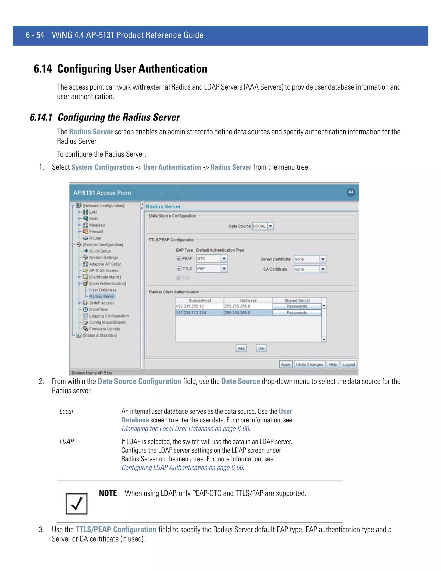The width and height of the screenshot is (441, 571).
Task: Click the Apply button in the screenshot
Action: pos(286,364)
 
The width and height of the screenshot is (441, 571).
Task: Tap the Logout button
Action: pos(349,364)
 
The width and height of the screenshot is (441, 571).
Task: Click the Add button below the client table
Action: pos(241,348)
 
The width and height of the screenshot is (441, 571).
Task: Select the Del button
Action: pos(261,348)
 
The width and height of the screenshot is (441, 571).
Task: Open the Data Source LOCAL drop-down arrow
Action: pos(271,226)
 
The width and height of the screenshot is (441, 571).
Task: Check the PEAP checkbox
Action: pos(179,259)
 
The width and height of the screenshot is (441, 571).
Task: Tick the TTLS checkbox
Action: pos(179,268)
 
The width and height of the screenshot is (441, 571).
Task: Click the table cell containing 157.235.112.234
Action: pos(199,313)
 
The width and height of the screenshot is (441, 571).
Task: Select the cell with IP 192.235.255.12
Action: pos(199,306)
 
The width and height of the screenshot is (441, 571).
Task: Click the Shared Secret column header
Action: pos(297,301)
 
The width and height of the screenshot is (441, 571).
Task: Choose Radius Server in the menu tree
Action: pos(102,296)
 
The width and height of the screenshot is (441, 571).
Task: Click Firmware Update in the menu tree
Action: pos(104,329)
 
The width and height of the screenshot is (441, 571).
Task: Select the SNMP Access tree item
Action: pos(102,303)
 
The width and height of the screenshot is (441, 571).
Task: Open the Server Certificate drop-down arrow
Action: pos(323,259)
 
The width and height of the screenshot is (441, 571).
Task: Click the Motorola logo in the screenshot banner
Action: pos(351,193)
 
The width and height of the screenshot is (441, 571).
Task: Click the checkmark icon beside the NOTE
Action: pos(76,504)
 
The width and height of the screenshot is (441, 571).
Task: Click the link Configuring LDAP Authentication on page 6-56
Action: pos(182,468)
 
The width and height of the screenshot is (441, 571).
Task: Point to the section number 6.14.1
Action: pos(41,117)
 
